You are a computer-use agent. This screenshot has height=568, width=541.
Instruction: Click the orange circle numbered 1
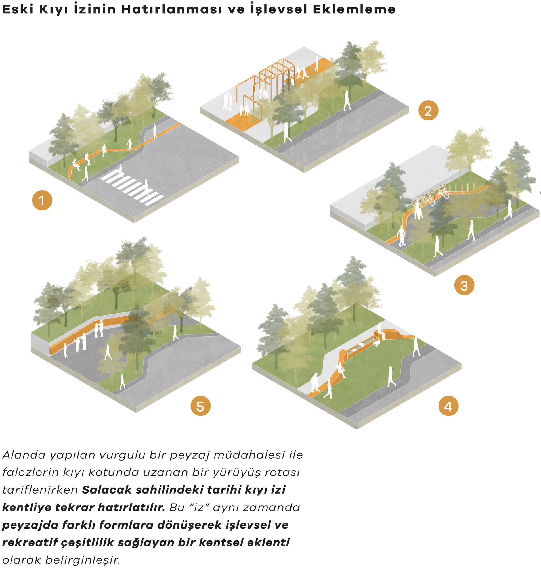pos(42,200)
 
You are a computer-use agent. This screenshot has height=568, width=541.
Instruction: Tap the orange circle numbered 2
pos(428,110)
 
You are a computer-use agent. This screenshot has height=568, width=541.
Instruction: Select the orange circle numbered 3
pos(464,285)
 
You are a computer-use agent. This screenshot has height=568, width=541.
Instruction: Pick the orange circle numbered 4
pos(448,406)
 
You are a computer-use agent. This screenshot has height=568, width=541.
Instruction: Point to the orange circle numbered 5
pos(200,406)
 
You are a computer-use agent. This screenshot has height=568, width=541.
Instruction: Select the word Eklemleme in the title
pos(354,9)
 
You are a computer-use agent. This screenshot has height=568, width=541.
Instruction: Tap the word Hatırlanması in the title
pos(172,9)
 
